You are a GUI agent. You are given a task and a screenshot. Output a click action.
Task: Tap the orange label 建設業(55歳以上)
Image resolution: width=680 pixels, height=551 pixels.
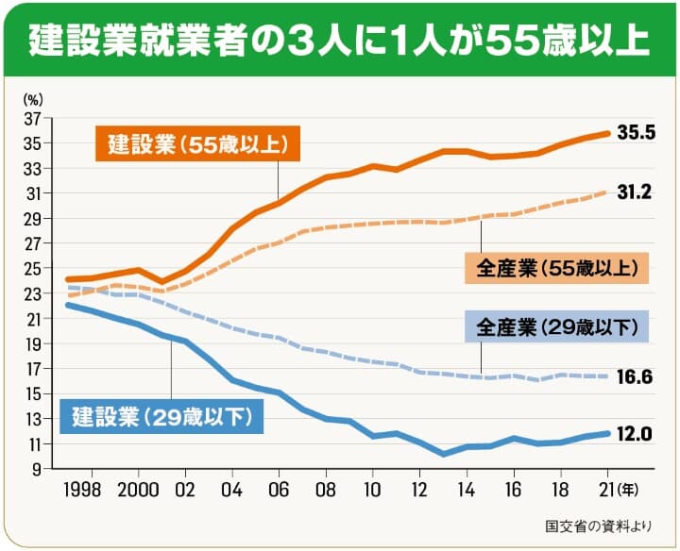(x=196, y=144)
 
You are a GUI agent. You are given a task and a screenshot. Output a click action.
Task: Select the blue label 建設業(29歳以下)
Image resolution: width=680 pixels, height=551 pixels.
(x=161, y=415)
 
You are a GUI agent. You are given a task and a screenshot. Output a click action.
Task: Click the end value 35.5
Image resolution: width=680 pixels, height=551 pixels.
(x=636, y=133)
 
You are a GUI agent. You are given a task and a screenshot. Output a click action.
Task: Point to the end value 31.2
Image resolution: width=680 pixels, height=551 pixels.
(x=636, y=192)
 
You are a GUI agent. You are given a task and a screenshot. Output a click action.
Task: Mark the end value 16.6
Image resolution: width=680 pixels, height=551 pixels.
(x=636, y=377)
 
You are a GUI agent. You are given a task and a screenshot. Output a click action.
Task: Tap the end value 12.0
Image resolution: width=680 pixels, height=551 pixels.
(x=636, y=434)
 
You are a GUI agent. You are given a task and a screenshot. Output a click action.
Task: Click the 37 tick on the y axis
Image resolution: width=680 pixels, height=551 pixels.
(x=33, y=119)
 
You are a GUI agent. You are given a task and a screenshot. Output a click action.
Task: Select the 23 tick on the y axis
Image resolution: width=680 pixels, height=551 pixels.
(x=33, y=293)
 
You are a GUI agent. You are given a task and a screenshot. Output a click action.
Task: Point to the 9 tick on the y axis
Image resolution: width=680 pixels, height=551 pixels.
(x=37, y=468)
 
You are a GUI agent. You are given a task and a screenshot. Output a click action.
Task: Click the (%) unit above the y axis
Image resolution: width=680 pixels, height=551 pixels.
(x=33, y=97)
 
